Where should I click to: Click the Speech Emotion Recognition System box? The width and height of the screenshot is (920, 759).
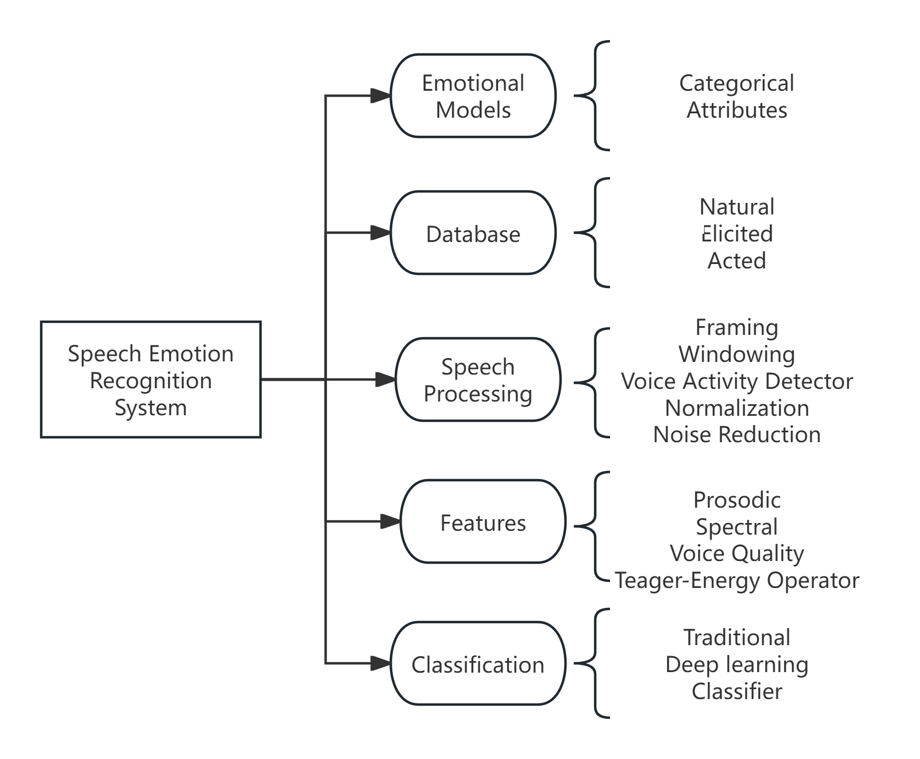pyautogui.click(x=151, y=380)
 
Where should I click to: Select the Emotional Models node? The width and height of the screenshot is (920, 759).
pyautogui.click(x=473, y=96)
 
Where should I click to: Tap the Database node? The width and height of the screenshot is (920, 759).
pyautogui.click(x=473, y=233)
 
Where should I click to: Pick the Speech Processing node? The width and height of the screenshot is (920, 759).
pyautogui.click(x=478, y=380)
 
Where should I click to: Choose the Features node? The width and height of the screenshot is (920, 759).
pyautogui.click(x=483, y=522)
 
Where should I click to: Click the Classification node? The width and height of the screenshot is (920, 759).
pyautogui.click(x=478, y=664)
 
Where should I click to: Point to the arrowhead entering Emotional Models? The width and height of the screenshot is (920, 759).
pyautogui.click(x=380, y=96)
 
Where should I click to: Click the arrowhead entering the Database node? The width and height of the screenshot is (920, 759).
pyautogui.click(x=380, y=233)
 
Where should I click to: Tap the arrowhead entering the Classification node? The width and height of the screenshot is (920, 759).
pyautogui.click(x=380, y=664)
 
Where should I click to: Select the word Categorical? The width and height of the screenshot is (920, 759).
pyautogui.click(x=736, y=84)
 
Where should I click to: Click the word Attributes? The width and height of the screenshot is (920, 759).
pyautogui.click(x=736, y=110)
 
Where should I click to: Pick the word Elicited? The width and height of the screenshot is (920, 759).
pyautogui.click(x=736, y=234)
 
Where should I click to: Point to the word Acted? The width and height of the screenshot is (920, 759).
pyautogui.click(x=736, y=260)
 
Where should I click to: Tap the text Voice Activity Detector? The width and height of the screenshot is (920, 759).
pyautogui.click(x=736, y=381)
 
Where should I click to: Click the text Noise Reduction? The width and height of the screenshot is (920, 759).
pyautogui.click(x=736, y=435)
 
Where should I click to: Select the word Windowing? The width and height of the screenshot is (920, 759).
pyautogui.click(x=736, y=354)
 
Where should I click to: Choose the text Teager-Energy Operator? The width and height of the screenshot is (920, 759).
pyautogui.click(x=736, y=580)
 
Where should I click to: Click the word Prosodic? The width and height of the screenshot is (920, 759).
pyautogui.click(x=736, y=500)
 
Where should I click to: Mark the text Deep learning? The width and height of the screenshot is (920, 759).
pyautogui.click(x=736, y=664)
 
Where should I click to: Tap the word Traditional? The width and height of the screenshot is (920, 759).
pyautogui.click(x=736, y=637)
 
